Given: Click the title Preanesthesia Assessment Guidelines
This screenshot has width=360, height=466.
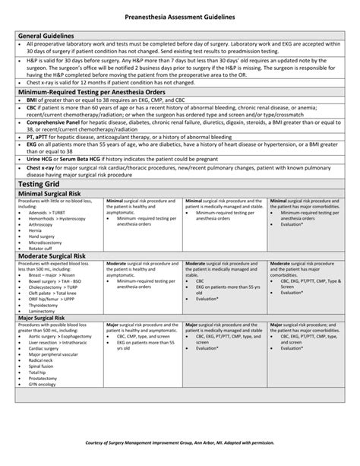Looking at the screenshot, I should coord(180,16).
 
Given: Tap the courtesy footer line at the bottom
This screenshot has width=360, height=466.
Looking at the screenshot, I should coord(180,442).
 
